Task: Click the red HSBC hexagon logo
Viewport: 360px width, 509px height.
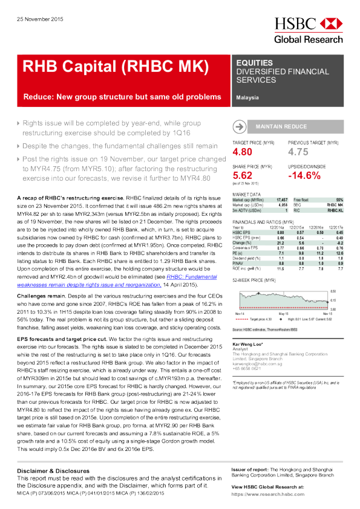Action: tap(330, 24)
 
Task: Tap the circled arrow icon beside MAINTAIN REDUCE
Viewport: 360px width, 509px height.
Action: tap(240, 126)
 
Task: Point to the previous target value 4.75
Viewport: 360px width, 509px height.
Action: tap(298, 152)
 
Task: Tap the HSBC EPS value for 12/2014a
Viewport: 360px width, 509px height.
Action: tap(280, 232)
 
